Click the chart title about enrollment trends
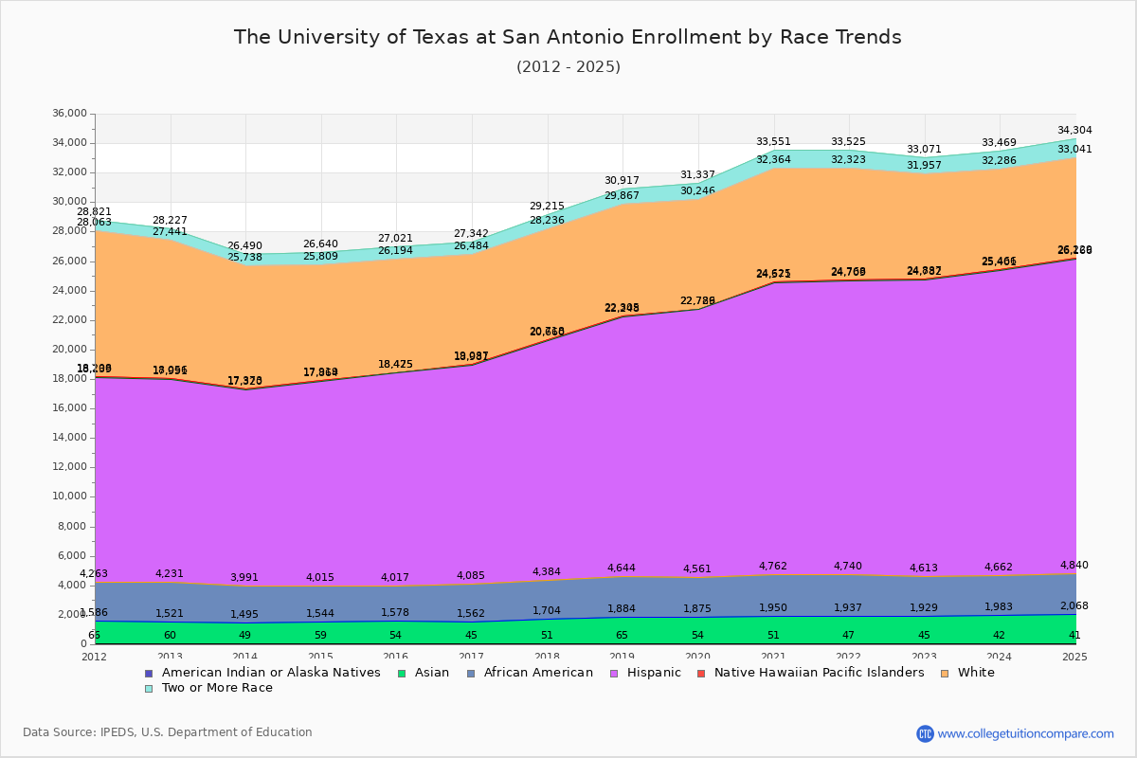568,37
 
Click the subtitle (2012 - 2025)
568,67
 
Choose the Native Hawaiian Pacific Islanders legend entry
819,673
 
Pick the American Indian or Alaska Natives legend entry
271,673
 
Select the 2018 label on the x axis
547,657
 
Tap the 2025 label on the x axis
1074,657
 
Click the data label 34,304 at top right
1074,131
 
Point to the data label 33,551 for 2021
773,142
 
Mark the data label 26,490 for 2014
245,245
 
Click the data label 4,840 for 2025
1074,566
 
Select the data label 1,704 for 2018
547,611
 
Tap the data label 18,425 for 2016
396,364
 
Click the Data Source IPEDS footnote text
168,732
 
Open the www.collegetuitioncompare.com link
1025,733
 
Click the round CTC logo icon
925,733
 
